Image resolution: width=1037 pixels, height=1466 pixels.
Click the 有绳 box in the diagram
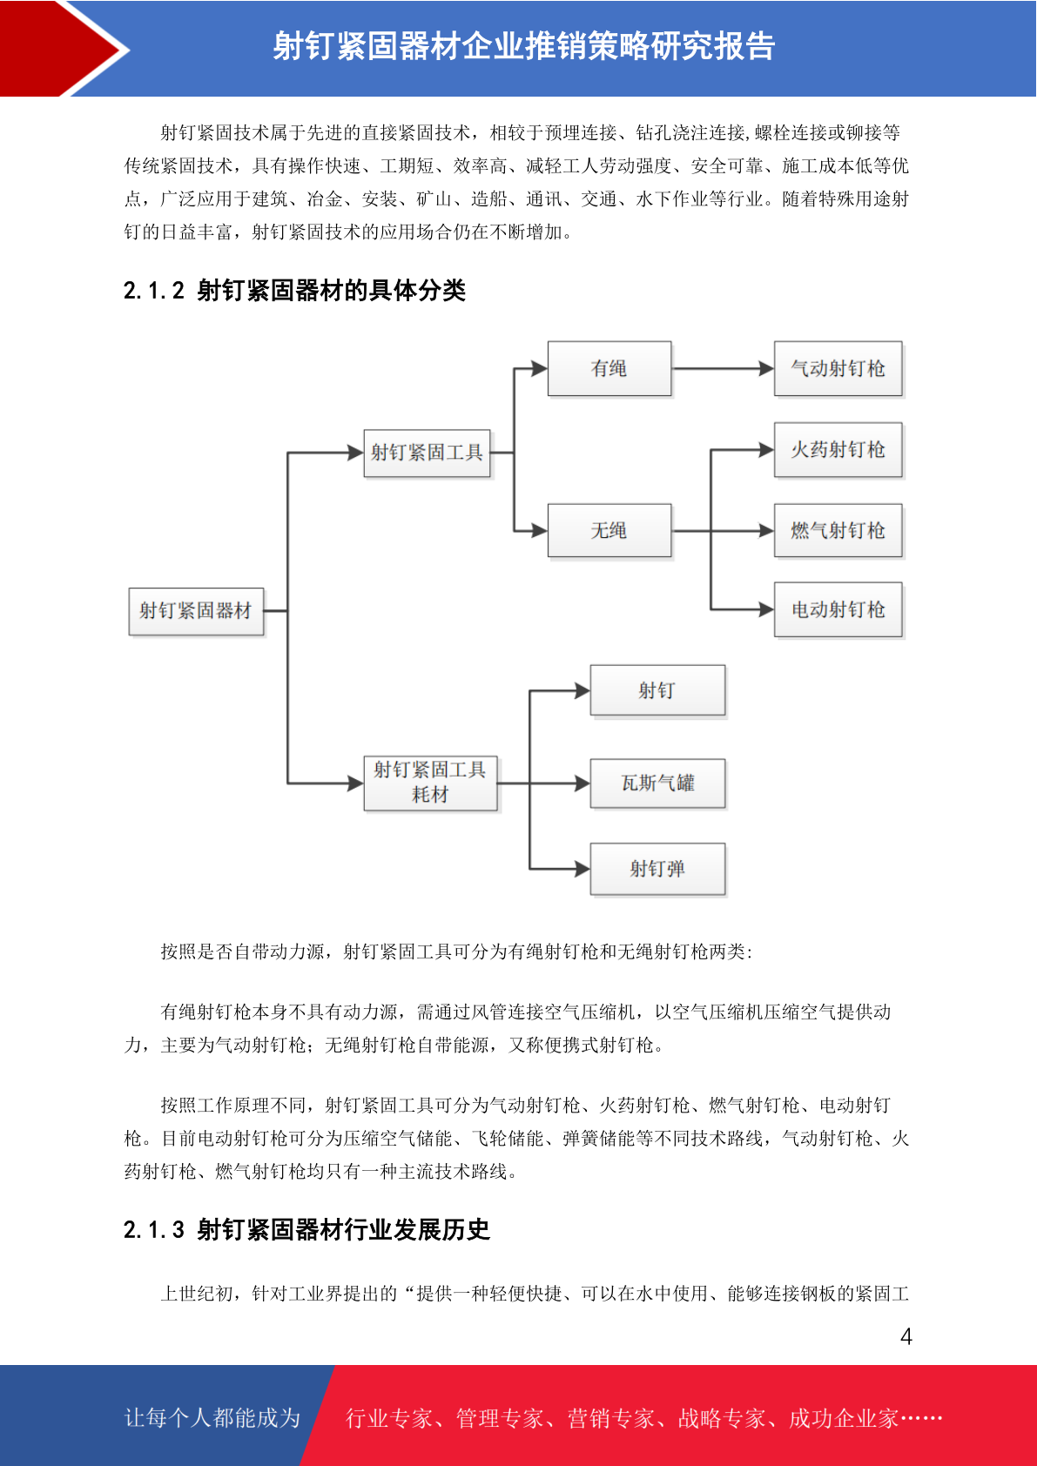coord(609,368)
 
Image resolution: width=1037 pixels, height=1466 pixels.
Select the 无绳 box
coord(609,530)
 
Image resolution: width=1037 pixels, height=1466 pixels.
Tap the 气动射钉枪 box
coord(838,368)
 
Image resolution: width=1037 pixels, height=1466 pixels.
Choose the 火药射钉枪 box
coord(838,449)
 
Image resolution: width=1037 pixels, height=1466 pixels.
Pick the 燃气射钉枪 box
coord(838,530)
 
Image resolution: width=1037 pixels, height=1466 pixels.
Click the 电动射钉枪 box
coord(838,609)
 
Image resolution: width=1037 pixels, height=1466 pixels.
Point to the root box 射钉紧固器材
coord(197,611)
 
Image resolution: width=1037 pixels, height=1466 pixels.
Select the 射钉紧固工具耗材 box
coord(430,783)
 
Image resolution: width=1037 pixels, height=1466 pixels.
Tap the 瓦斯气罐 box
coord(657,783)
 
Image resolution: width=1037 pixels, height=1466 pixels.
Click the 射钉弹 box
coord(657,869)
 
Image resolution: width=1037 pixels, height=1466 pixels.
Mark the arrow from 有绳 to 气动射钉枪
coord(724,368)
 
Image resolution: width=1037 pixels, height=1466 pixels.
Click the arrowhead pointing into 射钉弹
coord(582,869)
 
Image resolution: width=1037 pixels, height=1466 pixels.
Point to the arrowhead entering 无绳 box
coord(540,530)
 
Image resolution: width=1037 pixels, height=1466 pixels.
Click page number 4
coord(906,1335)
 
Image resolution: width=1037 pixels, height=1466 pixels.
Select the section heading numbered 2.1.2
coord(294,290)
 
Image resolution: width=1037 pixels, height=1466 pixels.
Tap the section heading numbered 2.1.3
coord(306,1229)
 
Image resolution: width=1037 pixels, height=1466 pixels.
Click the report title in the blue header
coord(524,46)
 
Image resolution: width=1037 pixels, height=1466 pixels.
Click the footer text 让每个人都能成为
coord(212,1417)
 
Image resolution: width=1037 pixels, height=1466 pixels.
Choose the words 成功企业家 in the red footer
coord(843,1417)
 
